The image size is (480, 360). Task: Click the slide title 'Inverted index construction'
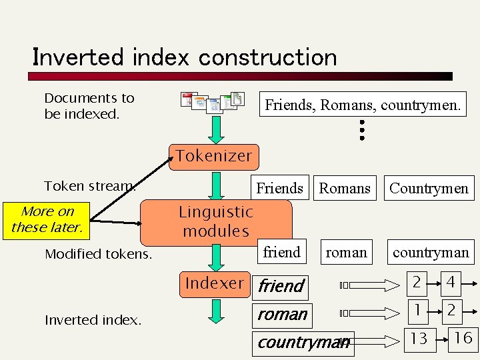(185, 57)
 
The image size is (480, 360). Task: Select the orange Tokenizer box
(214, 156)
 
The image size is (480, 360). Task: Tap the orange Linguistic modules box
(216, 221)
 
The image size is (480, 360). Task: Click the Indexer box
(215, 283)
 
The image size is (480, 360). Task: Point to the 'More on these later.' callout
(47, 219)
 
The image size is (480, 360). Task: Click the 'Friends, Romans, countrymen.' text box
(363, 105)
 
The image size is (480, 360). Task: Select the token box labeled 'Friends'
(280, 189)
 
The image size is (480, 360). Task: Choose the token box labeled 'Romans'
(345, 189)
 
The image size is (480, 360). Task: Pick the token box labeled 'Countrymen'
(429, 189)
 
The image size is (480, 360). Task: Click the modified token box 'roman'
(346, 253)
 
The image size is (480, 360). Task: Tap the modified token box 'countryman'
(431, 253)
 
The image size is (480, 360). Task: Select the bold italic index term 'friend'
(281, 286)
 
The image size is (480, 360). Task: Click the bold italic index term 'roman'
(283, 314)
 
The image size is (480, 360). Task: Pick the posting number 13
(419, 339)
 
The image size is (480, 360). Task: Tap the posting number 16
(463, 338)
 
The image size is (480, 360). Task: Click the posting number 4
(451, 283)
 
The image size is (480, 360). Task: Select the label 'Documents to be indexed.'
(89, 106)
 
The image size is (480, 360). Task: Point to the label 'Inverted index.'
(93, 320)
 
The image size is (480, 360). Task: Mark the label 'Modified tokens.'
(98, 254)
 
